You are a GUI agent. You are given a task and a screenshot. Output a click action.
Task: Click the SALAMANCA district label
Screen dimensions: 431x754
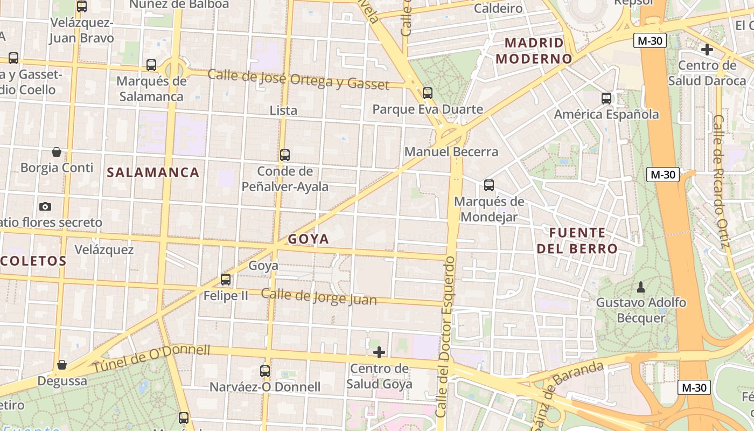(153, 172)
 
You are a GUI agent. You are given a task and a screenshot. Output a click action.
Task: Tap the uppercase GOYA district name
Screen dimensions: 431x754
(308, 239)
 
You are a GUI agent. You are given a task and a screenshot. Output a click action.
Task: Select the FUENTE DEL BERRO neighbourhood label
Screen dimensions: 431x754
(577, 241)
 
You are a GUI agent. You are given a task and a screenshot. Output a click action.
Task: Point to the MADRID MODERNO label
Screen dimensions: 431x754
(534, 51)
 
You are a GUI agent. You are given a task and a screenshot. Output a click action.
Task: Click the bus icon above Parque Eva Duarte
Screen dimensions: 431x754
(428, 93)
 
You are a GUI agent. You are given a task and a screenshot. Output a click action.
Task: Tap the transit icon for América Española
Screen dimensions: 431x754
(606, 99)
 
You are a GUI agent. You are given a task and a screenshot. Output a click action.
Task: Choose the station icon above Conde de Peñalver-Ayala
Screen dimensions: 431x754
(285, 155)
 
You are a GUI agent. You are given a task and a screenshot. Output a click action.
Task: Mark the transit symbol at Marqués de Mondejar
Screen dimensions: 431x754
(489, 185)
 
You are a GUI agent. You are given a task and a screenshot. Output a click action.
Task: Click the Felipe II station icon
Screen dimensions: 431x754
(226, 280)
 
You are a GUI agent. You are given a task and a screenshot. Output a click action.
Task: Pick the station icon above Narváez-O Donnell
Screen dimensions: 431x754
(265, 371)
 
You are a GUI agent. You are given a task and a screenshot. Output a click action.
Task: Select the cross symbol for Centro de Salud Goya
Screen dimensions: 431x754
(379, 352)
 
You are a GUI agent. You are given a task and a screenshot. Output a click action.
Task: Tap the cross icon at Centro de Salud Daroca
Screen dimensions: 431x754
(707, 50)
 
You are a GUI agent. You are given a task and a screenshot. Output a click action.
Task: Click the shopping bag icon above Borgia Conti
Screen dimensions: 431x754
(57, 152)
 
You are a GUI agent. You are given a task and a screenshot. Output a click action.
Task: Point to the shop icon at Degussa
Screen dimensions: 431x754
(62, 365)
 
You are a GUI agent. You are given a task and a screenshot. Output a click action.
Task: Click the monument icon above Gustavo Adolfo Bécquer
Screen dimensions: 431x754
(641, 286)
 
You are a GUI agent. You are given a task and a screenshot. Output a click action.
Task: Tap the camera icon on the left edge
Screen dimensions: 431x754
(45, 206)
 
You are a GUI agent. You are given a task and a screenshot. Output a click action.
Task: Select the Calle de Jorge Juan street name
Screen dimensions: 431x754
(319, 297)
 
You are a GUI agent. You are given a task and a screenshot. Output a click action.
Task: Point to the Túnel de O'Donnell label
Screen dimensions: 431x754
(151, 358)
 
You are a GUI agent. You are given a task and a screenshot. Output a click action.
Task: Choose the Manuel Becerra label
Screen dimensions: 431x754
(451, 152)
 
